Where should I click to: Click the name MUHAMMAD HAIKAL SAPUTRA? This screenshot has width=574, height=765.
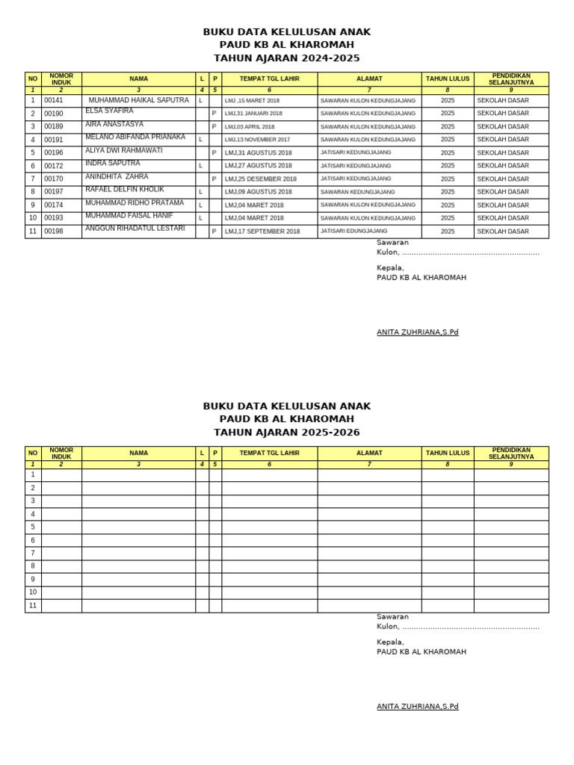[139, 100]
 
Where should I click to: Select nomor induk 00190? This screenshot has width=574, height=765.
[54, 114]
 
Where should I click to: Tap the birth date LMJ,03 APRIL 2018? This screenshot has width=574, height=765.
[250, 127]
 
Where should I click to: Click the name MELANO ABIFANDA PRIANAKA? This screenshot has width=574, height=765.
[135, 137]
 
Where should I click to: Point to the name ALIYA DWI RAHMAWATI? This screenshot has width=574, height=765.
[124, 150]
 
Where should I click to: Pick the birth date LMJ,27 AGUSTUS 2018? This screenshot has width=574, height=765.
[259, 166]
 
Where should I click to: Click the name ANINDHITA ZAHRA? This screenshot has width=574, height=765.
[117, 176]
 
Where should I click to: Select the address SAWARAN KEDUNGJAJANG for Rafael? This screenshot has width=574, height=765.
[357, 192]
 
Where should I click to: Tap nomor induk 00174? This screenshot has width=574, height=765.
[54, 205]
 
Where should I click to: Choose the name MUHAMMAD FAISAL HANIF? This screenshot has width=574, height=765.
[129, 215]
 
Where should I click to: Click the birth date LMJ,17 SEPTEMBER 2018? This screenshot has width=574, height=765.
[262, 232]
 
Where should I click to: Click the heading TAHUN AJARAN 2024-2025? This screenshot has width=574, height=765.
[286, 58]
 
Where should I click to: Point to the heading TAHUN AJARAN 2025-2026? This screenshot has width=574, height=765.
[286, 433]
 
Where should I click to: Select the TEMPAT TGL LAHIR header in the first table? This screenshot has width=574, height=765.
[269, 78]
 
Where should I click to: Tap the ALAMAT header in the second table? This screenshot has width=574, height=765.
[369, 453]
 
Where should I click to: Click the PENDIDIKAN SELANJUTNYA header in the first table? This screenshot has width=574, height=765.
[510, 78]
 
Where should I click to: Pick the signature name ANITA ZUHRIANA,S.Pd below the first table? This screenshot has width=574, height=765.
[417, 332]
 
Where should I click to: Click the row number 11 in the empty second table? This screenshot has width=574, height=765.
[33, 606]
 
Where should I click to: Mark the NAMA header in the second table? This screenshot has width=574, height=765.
[138, 453]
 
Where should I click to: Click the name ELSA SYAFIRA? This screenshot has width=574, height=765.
[109, 111]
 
